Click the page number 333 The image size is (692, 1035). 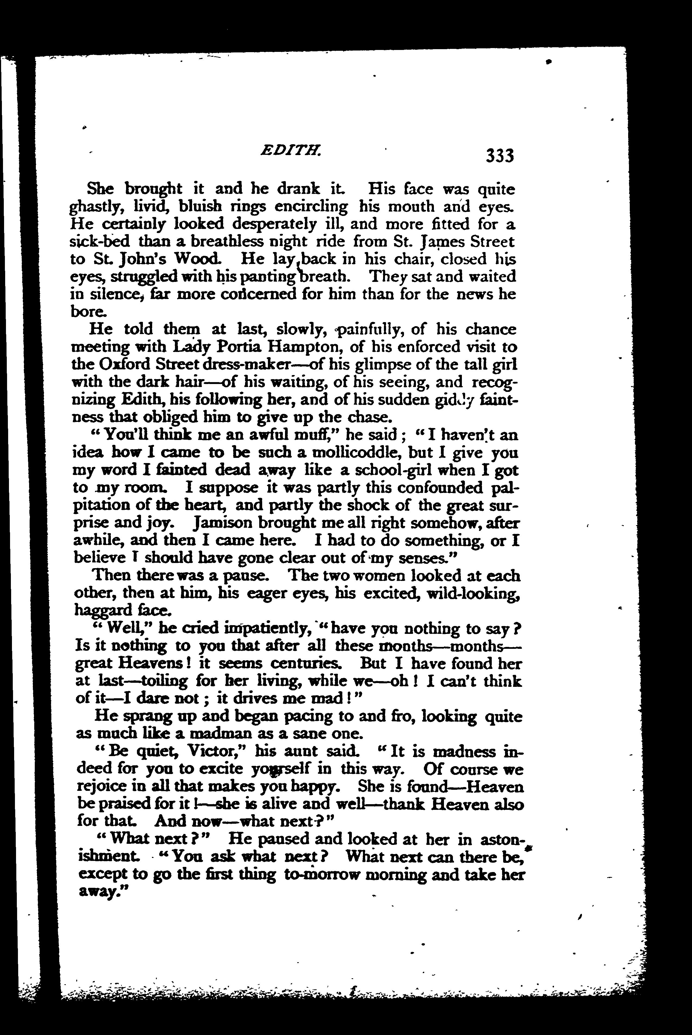tap(500, 156)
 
